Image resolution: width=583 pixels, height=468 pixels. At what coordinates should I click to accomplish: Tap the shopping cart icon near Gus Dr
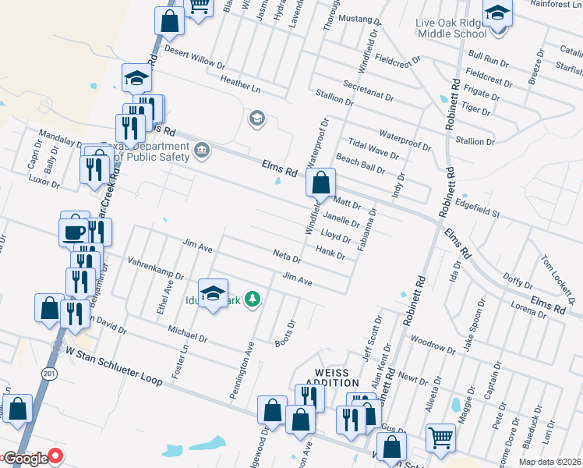(440, 438)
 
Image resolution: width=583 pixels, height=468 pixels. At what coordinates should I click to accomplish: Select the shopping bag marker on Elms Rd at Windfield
(320, 184)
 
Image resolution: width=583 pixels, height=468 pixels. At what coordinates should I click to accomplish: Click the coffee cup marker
(75, 232)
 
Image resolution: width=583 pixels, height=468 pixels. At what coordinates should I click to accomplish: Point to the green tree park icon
(252, 298)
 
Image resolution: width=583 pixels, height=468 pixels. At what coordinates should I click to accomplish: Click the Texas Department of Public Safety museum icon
(202, 149)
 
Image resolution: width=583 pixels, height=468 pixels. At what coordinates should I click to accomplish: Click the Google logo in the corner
(26, 459)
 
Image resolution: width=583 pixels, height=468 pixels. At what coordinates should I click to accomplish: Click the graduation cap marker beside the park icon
(213, 294)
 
